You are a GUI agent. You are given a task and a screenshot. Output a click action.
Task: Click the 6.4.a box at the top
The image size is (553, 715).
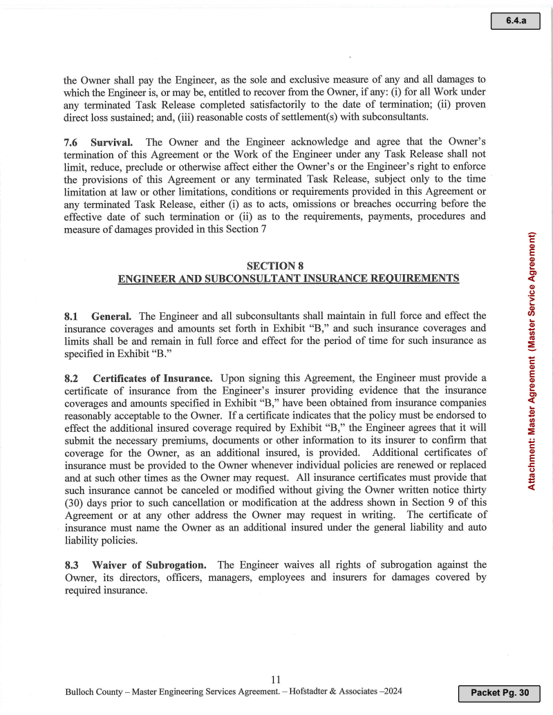click(x=515, y=21)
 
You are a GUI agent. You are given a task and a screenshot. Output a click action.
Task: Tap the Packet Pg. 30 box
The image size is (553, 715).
click(x=498, y=693)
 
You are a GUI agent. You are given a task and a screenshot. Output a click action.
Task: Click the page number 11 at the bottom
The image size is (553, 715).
click(x=275, y=680)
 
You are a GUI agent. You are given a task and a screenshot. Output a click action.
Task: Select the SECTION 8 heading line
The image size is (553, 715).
click(x=274, y=265)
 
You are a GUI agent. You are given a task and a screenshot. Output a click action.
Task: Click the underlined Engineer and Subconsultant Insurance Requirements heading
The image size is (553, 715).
click(x=288, y=278)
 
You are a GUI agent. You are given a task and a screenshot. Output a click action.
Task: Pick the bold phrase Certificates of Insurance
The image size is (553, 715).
click(x=152, y=379)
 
